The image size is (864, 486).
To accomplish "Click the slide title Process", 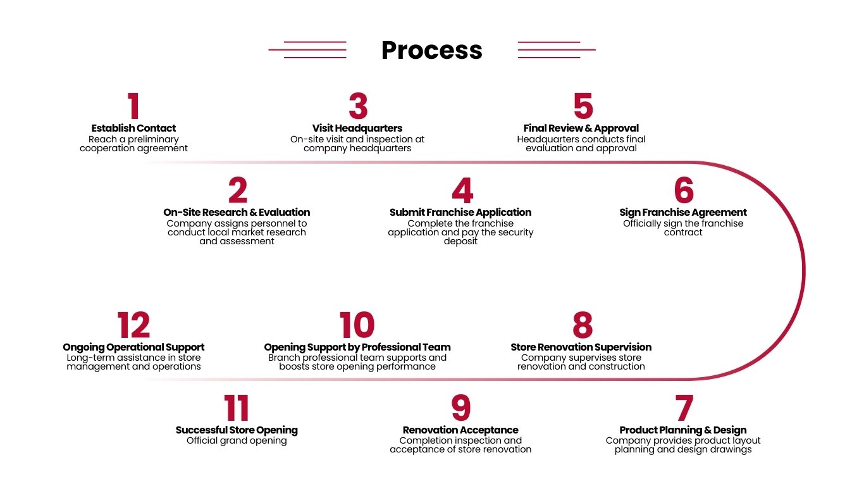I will [x=431, y=50].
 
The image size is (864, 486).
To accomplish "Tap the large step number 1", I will [x=133, y=106].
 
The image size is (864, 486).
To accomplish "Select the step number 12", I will [x=133, y=325].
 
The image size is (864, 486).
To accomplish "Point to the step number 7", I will [x=684, y=409].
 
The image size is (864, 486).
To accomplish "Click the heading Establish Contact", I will [x=133, y=128].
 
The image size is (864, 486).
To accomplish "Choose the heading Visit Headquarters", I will [x=357, y=128].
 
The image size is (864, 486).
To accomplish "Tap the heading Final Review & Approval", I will [x=581, y=128].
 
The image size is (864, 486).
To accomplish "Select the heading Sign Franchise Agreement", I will [x=683, y=213].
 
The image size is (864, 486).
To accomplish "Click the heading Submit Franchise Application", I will [x=460, y=213].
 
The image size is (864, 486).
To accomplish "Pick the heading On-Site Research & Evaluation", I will [x=237, y=213].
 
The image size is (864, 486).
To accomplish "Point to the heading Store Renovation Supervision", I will [x=581, y=347].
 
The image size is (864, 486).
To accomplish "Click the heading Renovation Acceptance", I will [x=460, y=430].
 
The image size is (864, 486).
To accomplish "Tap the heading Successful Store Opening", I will [x=237, y=430].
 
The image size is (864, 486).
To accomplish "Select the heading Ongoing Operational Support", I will [x=133, y=347].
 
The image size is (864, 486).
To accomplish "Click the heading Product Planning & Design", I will [x=683, y=430].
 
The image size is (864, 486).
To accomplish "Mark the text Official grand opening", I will [x=237, y=440].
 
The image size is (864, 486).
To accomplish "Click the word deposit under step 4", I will [x=460, y=241].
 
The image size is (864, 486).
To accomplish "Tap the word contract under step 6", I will [x=683, y=232].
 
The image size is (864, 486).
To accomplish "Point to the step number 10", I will [x=357, y=325].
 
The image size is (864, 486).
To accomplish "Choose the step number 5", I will [x=583, y=106].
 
